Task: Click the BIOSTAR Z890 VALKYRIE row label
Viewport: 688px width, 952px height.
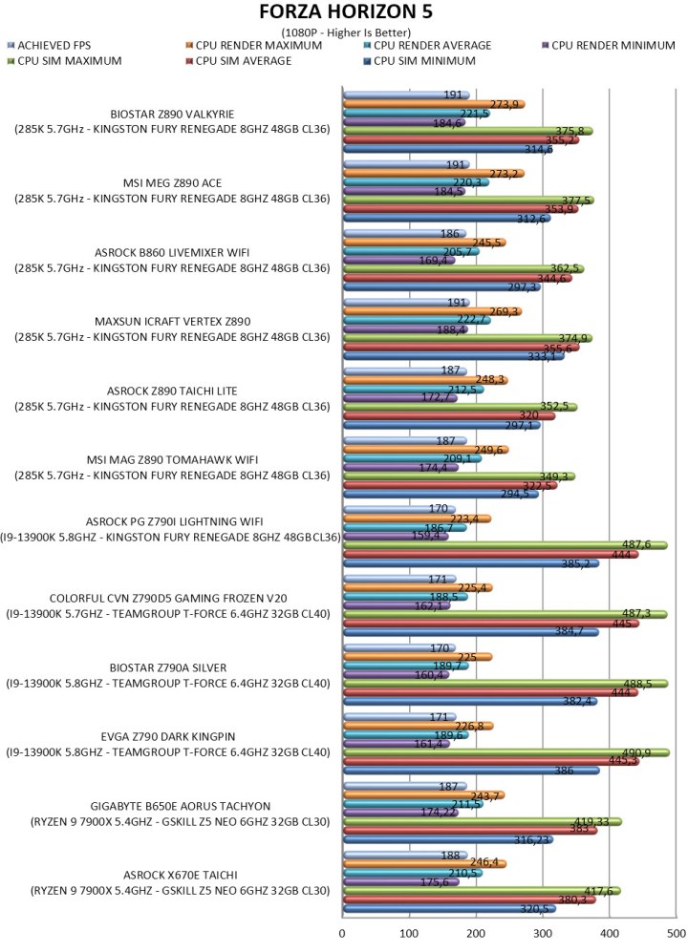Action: click(x=172, y=114)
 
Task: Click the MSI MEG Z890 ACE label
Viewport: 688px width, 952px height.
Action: click(x=172, y=182)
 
